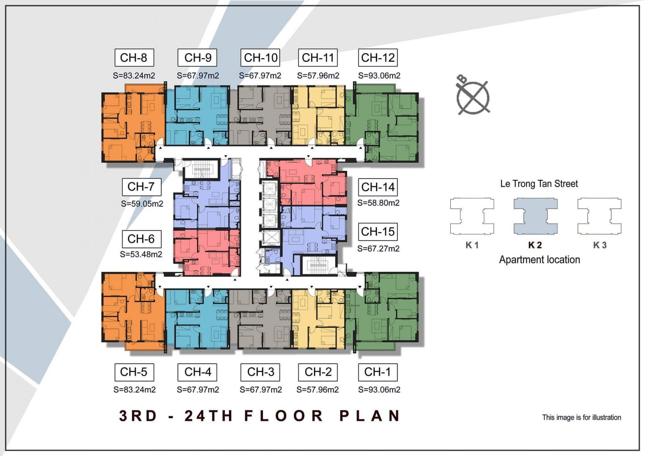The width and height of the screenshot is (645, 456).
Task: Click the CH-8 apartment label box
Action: [134, 58]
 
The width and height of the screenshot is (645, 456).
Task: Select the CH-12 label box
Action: [378, 58]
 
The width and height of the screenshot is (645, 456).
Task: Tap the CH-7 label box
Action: [141, 187]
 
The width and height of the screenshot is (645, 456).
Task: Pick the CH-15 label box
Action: [378, 231]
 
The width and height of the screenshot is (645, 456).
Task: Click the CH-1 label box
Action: [378, 372]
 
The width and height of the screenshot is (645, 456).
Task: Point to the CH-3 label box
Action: [260, 372]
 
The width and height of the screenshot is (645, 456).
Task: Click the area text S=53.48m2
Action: [141, 254]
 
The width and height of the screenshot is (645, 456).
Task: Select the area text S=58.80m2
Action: [379, 203]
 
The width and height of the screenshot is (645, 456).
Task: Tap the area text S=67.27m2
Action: [379, 249]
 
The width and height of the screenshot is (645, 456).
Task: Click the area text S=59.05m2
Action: [142, 204]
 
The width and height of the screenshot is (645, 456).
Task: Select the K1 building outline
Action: [472, 216]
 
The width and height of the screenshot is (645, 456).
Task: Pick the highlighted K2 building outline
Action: [536, 216]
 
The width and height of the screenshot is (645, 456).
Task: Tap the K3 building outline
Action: [599, 216]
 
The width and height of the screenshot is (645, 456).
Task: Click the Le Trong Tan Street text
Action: [539, 184]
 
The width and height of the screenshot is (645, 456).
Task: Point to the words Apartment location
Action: [539, 260]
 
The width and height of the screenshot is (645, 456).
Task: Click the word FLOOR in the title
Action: [284, 416]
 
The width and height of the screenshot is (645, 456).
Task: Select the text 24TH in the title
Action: [208, 416]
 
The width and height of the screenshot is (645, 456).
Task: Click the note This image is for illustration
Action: [582, 417]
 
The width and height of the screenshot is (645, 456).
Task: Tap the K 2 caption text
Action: [535, 245]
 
